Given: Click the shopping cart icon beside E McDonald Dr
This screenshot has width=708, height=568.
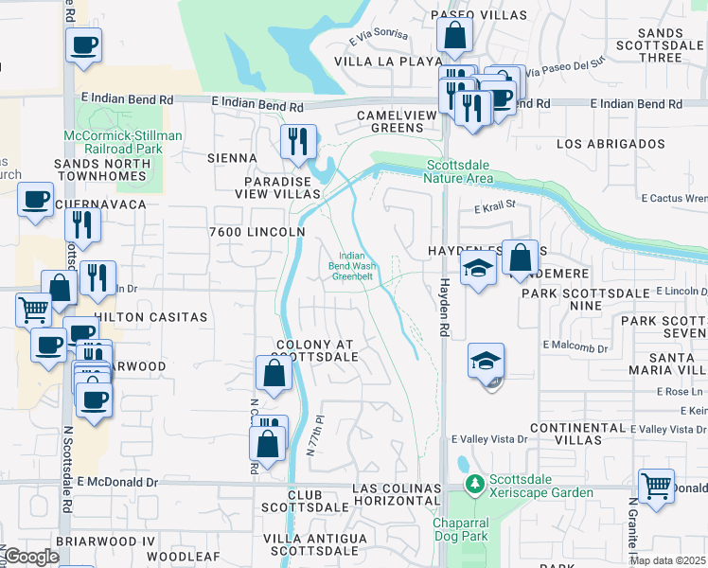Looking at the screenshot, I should click(656, 487).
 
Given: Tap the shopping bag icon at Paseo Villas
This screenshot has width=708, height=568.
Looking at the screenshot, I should click(455, 35).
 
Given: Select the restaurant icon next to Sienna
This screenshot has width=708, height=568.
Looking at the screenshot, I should click(298, 141).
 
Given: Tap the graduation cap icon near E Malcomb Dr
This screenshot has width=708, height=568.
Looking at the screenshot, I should click(487, 361).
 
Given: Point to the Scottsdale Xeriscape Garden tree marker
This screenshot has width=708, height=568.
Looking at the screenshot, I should click(476, 485).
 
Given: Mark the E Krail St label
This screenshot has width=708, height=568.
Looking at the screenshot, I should click(493, 205).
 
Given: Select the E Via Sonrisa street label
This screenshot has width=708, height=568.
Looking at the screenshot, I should click(378, 35).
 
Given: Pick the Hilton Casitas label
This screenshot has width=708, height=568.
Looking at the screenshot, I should click(150, 317).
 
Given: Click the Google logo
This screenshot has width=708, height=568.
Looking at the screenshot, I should click(31, 556).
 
